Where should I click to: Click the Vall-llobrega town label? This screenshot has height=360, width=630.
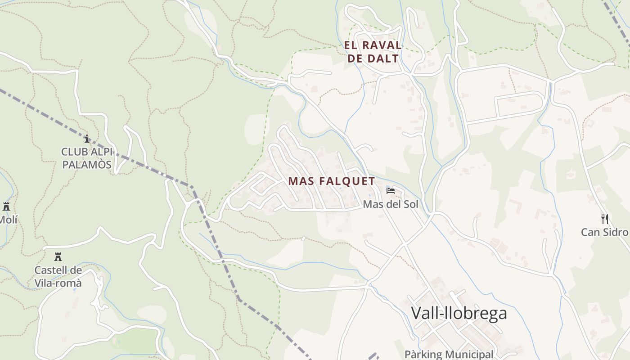click(459, 313)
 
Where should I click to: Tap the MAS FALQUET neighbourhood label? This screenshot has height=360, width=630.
click(331, 181)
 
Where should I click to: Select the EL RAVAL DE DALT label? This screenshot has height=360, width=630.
click(373, 52)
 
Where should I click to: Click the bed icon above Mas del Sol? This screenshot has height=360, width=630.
click(391, 191)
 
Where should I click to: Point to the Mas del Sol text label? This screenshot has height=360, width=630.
click(390, 205)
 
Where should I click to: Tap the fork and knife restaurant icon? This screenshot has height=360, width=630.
click(605, 219)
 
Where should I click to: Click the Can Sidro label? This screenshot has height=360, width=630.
click(604, 232)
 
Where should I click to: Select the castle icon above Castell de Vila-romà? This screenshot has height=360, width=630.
click(58, 257)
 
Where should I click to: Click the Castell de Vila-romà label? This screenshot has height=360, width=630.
click(58, 276)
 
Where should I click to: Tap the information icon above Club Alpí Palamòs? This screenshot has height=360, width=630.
click(87, 139)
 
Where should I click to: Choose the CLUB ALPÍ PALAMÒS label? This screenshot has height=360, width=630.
click(87, 158)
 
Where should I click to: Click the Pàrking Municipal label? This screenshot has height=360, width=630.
click(449, 355)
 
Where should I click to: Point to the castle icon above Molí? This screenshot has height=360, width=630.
click(6, 207)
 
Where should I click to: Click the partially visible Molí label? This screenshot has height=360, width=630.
click(8, 220)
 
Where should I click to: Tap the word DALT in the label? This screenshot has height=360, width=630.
click(383, 58)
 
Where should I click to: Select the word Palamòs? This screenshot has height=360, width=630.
click(87, 165)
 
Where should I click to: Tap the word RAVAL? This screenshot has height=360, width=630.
click(382, 45)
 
